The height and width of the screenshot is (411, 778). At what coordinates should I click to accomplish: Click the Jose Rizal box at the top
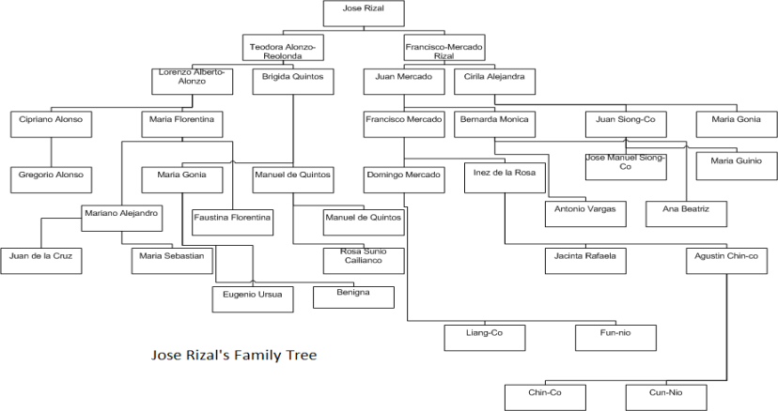[363, 13]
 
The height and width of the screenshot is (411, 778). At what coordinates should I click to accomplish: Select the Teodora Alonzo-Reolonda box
[283, 50]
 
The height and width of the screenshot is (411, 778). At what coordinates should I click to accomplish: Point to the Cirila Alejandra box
[494, 81]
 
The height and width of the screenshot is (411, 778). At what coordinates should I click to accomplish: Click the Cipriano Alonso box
[51, 124]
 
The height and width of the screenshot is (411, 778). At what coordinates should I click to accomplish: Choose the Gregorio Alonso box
[51, 178]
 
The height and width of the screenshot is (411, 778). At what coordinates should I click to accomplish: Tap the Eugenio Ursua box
[252, 298]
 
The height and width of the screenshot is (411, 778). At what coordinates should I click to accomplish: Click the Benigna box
[352, 296]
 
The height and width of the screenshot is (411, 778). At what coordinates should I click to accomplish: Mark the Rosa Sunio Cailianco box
[350, 260]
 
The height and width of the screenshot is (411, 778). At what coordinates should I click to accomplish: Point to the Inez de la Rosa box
[498, 178]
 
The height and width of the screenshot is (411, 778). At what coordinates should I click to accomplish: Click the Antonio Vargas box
[585, 213]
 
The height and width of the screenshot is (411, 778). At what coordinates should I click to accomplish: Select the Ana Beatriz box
[686, 213]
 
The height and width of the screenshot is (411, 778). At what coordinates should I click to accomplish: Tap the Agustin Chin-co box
[726, 260]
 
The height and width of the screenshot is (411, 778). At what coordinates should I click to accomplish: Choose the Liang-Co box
[484, 336]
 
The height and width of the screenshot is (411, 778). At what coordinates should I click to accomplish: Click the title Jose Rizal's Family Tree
[234, 356]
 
